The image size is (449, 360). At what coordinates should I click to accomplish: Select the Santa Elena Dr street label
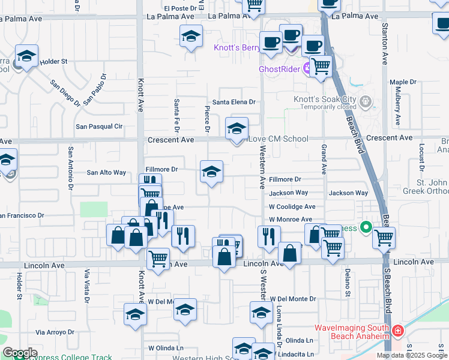[x=231, y=103]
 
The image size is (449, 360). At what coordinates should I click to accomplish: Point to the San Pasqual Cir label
[x=99, y=127]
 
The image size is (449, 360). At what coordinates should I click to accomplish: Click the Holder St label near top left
[x=53, y=61]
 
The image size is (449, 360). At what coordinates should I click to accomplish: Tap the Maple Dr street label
[x=403, y=82]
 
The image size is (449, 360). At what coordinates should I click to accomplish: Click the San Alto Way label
[x=107, y=173]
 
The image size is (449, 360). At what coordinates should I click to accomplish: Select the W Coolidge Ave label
[x=292, y=206]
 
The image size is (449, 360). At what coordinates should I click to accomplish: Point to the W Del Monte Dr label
[x=292, y=298]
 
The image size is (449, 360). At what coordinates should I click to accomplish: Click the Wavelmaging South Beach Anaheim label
[x=352, y=332]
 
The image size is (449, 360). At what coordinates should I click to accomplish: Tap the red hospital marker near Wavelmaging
[x=397, y=331]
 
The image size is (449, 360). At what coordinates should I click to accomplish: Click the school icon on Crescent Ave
[x=237, y=128]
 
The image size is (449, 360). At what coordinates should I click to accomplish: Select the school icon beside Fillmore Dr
[x=211, y=172]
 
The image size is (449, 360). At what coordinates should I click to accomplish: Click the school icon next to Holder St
[x=26, y=56]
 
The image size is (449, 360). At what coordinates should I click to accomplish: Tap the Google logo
[x=20, y=353]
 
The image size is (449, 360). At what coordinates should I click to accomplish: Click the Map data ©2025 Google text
[x=411, y=355]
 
